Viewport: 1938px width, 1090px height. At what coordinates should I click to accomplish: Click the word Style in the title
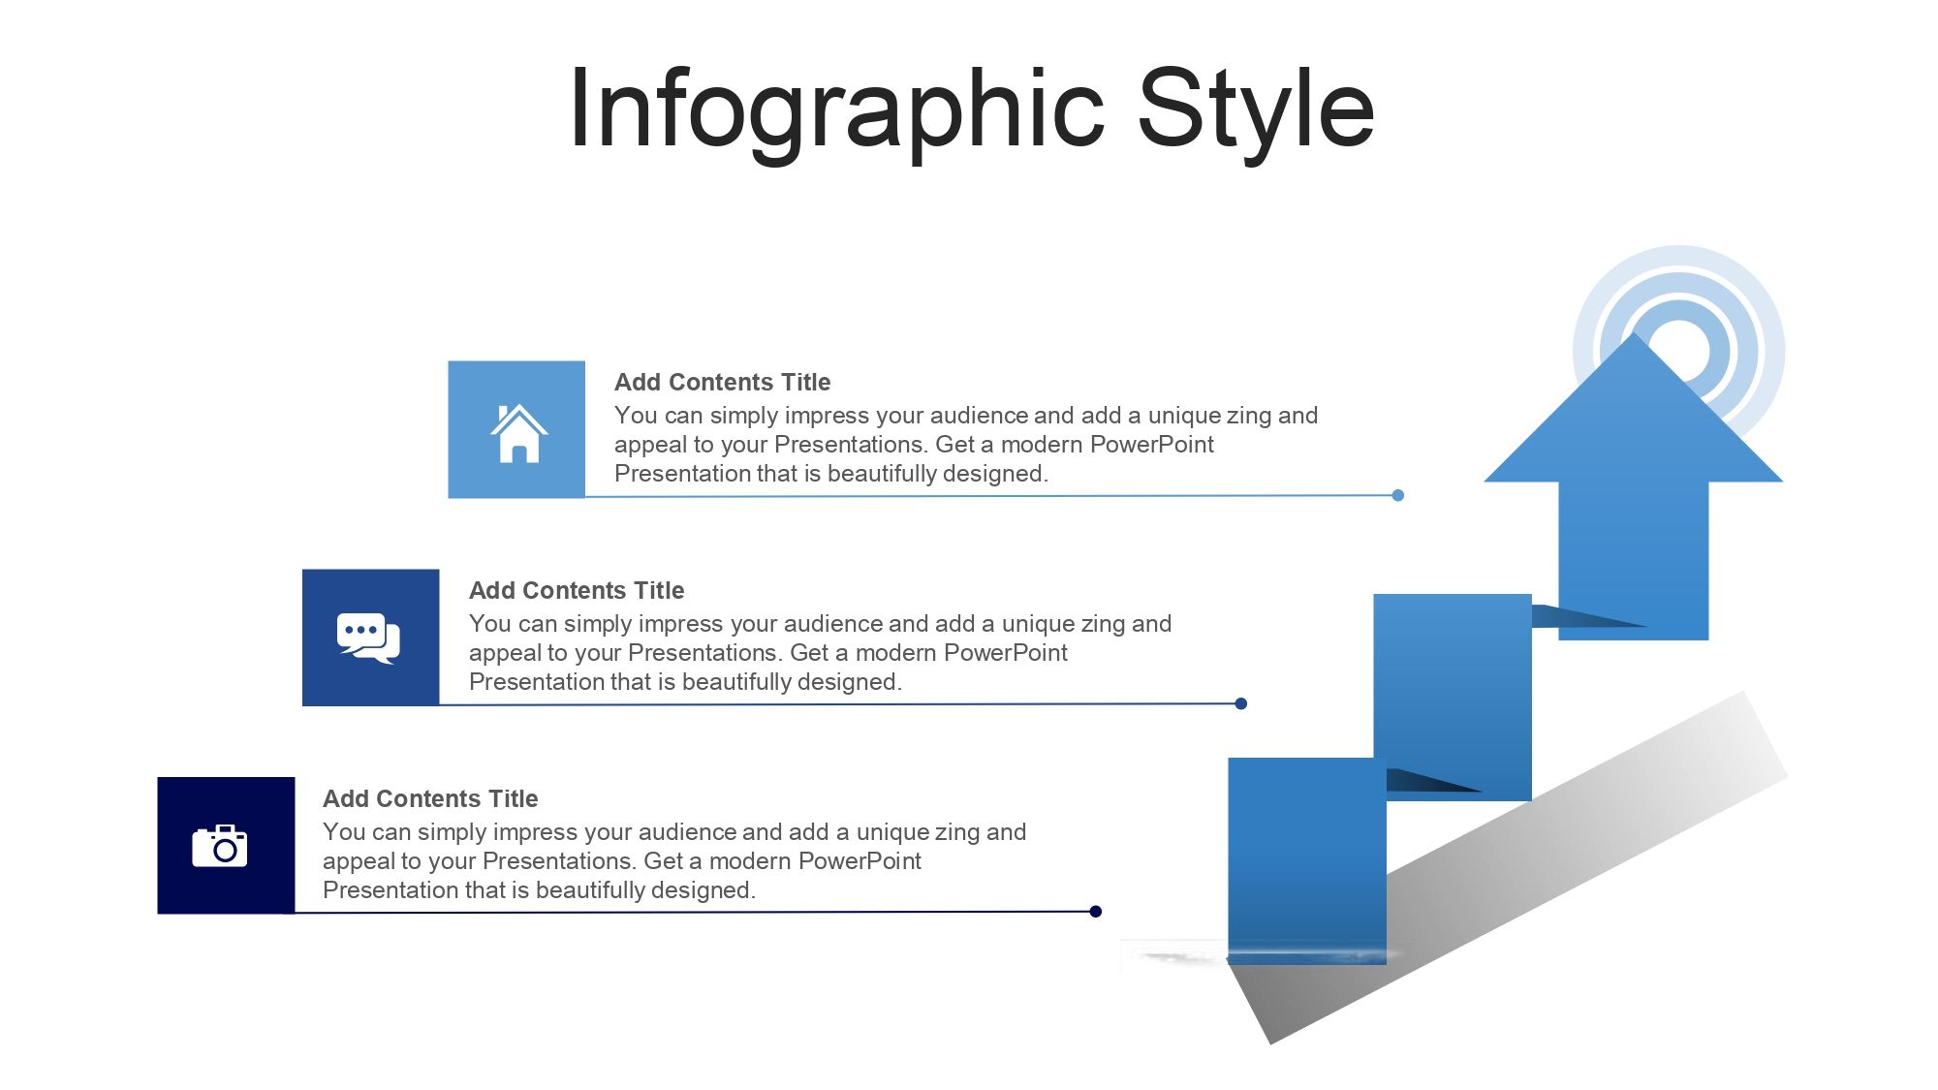1256,109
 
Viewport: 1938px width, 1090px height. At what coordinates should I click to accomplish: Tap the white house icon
518,433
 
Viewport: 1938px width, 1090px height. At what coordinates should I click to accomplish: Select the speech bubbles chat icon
368,638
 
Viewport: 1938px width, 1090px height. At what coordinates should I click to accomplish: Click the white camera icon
220,846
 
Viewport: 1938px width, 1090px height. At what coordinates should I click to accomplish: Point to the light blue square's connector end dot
1397,495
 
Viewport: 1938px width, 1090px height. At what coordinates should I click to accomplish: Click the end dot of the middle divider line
1240,703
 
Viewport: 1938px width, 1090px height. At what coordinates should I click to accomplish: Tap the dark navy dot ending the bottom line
1095,911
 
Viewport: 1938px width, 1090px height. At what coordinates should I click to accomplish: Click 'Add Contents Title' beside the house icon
722,382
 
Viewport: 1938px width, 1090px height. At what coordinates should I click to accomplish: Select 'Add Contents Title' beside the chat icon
577,590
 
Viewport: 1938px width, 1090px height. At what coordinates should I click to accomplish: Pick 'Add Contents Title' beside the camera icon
430,798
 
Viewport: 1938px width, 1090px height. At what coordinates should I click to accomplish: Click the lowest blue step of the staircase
1307,860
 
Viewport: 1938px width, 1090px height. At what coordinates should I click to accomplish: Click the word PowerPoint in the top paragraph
1152,444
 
